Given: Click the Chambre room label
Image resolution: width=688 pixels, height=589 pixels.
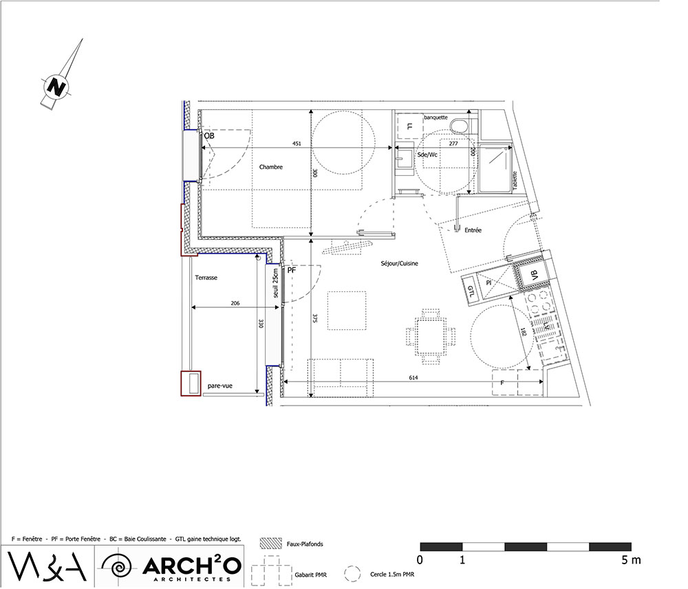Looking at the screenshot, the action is [270, 167].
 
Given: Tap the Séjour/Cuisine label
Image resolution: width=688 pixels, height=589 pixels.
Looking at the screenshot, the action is [399, 263].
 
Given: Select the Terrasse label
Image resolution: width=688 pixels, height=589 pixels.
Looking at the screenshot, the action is [206, 278].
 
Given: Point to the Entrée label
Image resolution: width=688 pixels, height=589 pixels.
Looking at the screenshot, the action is [473, 230].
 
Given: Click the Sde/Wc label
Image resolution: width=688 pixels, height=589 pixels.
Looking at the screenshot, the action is [427, 155].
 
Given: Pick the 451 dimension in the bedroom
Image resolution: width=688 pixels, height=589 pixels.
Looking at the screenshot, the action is [297, 144].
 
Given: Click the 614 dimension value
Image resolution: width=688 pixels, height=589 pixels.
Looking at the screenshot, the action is [413, 377].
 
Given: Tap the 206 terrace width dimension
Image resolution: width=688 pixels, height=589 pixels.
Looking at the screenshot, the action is [235, 303].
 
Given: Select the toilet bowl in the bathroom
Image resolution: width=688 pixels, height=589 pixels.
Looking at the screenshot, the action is [459, 125].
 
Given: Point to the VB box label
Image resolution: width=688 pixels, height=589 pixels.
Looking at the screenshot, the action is [534, 275].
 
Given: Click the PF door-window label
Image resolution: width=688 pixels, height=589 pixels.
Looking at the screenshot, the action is [292, 270].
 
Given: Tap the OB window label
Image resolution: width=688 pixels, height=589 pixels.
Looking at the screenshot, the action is [209, 136].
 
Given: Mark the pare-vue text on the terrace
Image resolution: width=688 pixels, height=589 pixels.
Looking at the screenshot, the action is [220, 386].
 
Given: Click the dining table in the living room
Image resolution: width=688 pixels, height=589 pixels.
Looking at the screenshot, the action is [431, 337].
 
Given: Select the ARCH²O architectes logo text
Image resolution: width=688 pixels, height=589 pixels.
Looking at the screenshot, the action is [192, 568].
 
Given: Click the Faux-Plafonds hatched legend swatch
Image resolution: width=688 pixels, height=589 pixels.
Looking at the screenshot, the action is [270, 544].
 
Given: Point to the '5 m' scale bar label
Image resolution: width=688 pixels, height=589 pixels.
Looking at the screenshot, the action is [630, 560].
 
